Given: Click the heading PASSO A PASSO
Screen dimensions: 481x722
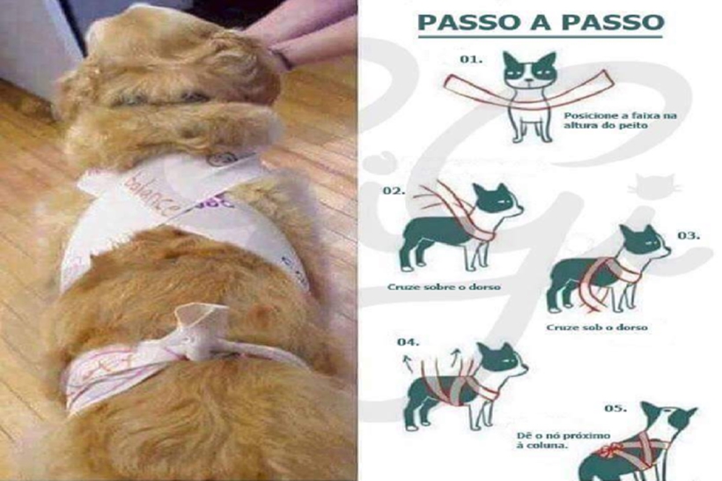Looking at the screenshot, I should pyautogui.click(x=539, y=22).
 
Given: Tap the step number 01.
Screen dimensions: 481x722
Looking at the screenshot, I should pyautogui.click(x=472, y=60).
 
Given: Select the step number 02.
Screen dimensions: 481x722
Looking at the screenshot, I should pyautogui.click(x=394, y=190).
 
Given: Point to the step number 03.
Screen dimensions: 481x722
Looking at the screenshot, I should pyautogui.click(x=689, y=235).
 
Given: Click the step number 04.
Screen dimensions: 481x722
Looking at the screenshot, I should pyautogui.click(x=408, y=341).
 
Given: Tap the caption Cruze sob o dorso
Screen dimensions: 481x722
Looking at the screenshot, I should pyautogui.click(x=596, y=328).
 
